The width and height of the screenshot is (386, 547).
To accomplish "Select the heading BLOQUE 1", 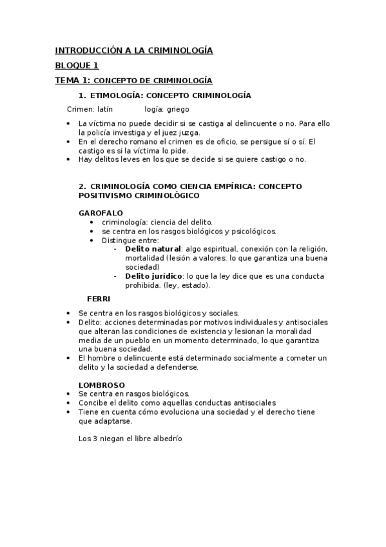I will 77,65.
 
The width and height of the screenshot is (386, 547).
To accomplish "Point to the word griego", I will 177,109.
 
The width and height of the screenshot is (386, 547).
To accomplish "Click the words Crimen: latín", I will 90,109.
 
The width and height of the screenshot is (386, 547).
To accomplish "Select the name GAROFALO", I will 101,212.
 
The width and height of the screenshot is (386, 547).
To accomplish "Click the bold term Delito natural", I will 153,248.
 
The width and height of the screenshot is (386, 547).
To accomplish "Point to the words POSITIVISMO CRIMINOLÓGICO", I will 139,195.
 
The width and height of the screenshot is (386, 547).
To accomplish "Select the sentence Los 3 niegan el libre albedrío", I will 130,438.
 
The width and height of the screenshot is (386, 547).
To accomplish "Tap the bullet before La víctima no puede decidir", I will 70,123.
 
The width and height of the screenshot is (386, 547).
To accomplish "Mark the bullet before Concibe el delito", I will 70,402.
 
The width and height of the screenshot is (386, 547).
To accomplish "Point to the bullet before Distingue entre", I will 94,240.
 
